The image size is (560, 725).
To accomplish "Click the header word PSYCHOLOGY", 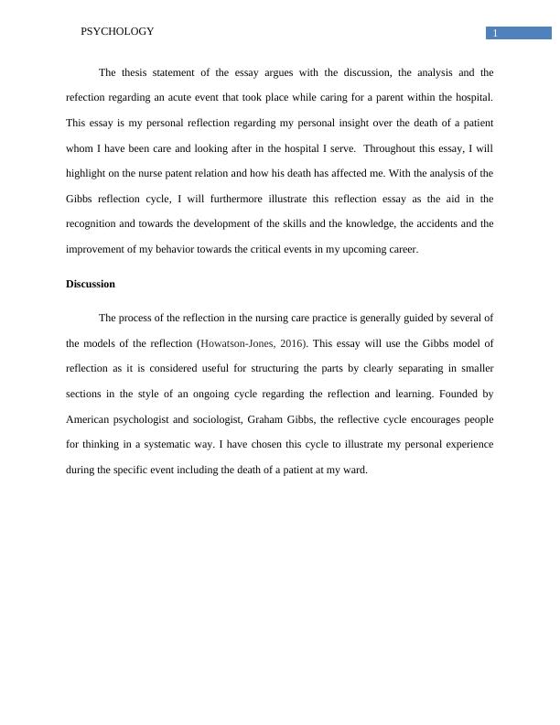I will pyautogui.click(x=117, y=31).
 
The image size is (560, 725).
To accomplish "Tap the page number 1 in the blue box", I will pyautogui.click(x=495, y=34).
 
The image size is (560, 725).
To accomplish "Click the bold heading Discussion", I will pyautogui.click(x=91, y=284).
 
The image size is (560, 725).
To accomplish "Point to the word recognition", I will pyautogui.click(x=95, y=223).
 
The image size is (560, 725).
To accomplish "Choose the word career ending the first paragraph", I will pyautogui.click(x=402, y=249).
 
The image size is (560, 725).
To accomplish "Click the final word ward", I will pyautogui.click(x=353, y=470).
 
